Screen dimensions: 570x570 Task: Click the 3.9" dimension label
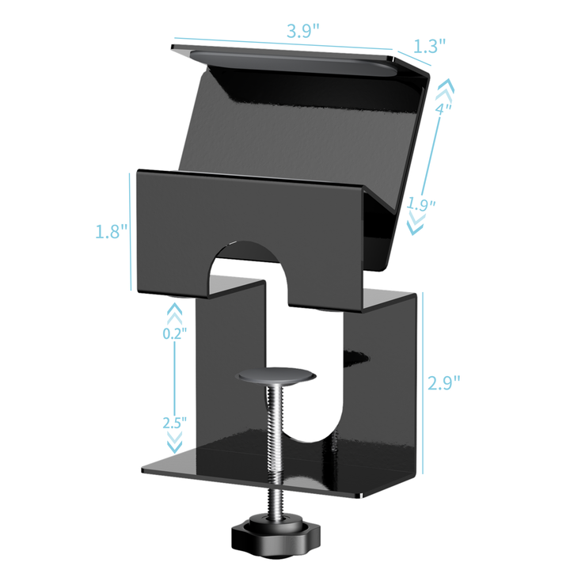click(302, 31)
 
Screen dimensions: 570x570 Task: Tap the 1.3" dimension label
click(430, 46)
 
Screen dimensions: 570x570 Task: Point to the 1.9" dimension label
click(421, 204)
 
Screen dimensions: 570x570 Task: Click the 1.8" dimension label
click(112, 231)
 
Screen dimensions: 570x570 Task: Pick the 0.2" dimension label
click(174, 333)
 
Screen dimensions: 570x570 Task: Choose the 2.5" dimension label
click(174, 423)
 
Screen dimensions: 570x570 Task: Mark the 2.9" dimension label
click(443, 382)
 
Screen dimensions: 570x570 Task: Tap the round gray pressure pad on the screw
click(275, 375)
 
